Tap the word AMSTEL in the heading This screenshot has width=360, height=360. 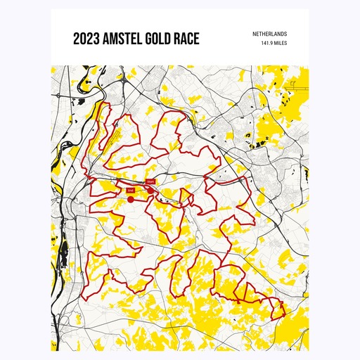click(117, 39)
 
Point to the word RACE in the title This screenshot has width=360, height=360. click(186, 39)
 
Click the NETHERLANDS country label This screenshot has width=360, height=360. click(270, 34)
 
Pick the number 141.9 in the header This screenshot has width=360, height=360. click(267, 43)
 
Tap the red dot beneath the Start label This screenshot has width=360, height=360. click(150, 190)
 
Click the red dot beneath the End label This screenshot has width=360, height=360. click(131, 199)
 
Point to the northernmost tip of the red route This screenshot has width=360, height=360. click(108, 103)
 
